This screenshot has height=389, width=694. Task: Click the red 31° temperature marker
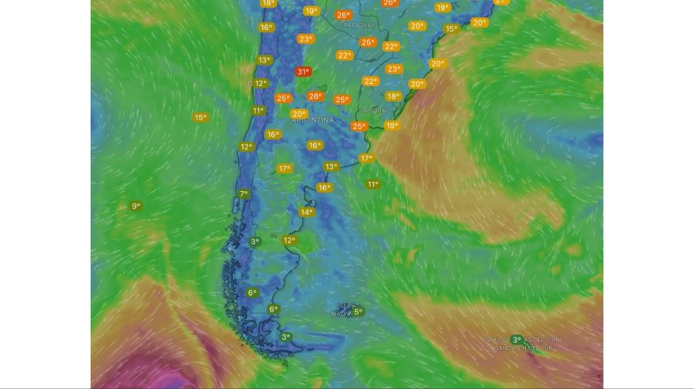[x=303, y=72]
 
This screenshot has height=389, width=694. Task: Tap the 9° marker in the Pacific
[x=136, y=206]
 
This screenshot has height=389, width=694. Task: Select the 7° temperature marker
[x=244, y=193]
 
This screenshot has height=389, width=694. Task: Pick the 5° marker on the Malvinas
[x=358, y=312]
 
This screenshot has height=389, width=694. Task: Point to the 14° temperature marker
[x=306, y=212]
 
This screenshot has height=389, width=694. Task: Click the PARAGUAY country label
[x=359, y=25]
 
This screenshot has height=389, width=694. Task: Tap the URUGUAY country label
[x=375, y=110]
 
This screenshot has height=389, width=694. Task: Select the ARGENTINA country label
[x=313, y=121]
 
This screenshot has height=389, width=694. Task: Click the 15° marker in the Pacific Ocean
[x=200, y=117]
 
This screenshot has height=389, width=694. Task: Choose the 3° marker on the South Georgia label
[x=517, y=339]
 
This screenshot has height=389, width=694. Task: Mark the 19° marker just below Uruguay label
[x=392, y=126]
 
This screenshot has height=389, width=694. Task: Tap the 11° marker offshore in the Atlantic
[x=372, y=184]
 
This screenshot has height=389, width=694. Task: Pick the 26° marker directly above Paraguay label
[x=343, y=15]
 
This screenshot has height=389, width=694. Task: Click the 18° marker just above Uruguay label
[x=393, y=96]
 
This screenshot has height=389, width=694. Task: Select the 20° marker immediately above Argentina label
[x=298, y=114]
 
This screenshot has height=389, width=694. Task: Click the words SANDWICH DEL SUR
[x=524, y=348]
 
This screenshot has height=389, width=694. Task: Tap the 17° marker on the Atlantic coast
[x=366, y=158]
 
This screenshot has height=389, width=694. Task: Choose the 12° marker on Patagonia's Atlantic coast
[x=289, y=240]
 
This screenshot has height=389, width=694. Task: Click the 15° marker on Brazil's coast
[x=451, y=29]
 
